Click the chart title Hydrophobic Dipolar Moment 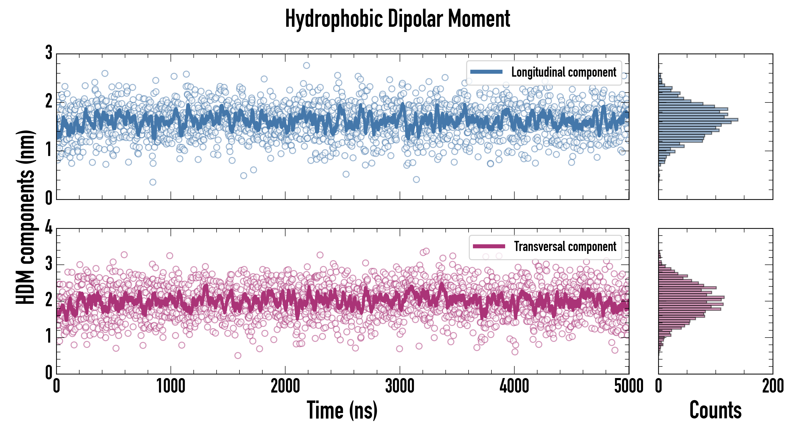point(397,19)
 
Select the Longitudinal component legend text point(563,72)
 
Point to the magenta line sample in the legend point(489,246)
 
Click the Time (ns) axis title point(342,410)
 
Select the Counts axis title point(715,410)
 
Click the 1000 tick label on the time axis point(171,386)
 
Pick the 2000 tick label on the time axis point(285,386)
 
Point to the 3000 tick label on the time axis point(400,386)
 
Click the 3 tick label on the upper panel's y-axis point(49,53)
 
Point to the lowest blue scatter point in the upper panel point(153,182)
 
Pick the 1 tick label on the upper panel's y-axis point(49,150)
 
